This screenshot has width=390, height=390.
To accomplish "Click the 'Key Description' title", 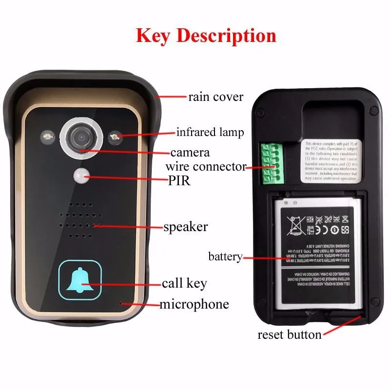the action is click(x=206, y=36).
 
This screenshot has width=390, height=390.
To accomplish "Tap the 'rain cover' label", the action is click(x=215, y=97).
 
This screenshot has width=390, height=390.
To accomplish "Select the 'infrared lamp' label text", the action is click(x=210, y=132).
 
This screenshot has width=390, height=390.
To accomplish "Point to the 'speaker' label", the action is click(x=185, y=227).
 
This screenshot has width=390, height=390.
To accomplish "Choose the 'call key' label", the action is click(x=184, y=283).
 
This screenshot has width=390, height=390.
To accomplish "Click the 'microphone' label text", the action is click(x=194, y=305).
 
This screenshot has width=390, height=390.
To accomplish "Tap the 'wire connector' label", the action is click(x=206, y=167).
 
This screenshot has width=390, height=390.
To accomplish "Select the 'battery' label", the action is click(x=225, y=256).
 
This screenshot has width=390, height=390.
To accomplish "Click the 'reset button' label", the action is click(x=289, y=335).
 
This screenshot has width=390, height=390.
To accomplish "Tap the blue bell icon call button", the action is click(x=80, y=282).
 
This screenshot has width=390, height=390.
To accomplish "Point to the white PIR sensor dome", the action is click(x=82, y=175).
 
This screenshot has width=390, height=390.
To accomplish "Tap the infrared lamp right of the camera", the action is click(x=115, y=136).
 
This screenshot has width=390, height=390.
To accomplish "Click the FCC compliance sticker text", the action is click(x=331, y=161).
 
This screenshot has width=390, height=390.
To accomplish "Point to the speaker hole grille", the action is click(x=79, y=220).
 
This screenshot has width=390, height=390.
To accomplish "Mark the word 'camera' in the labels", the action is click(x=190, y=152).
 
